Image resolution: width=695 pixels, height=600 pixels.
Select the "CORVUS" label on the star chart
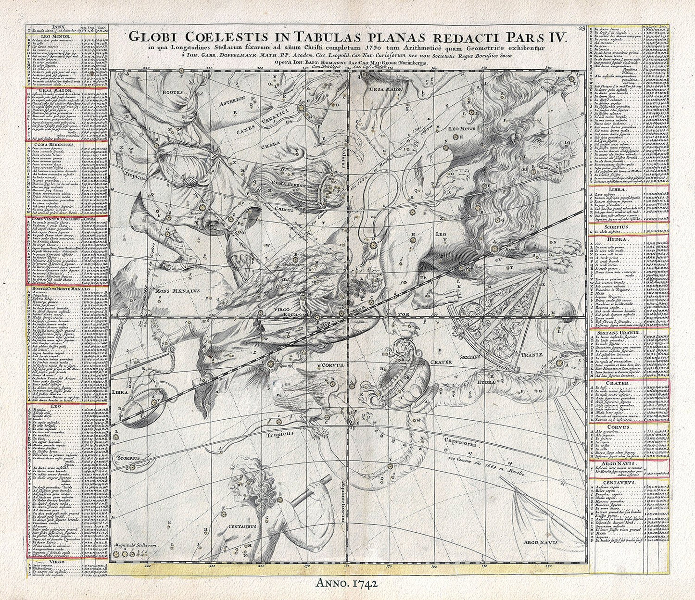332,365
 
